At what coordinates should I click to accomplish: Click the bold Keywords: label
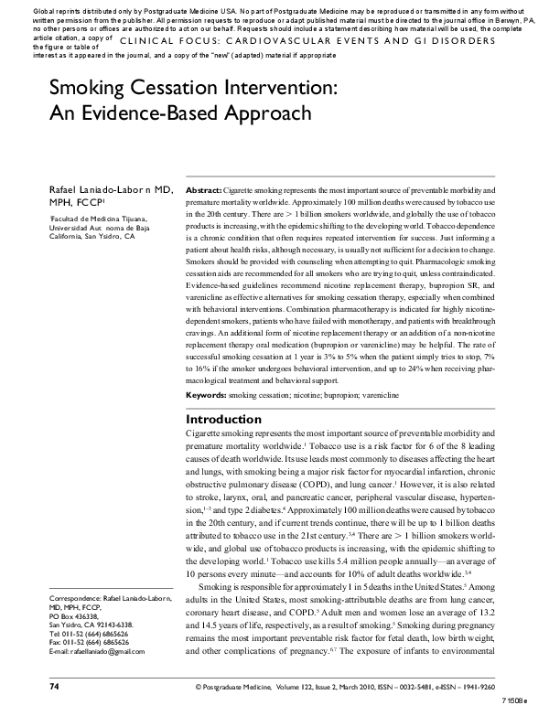[x=206, y=394]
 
